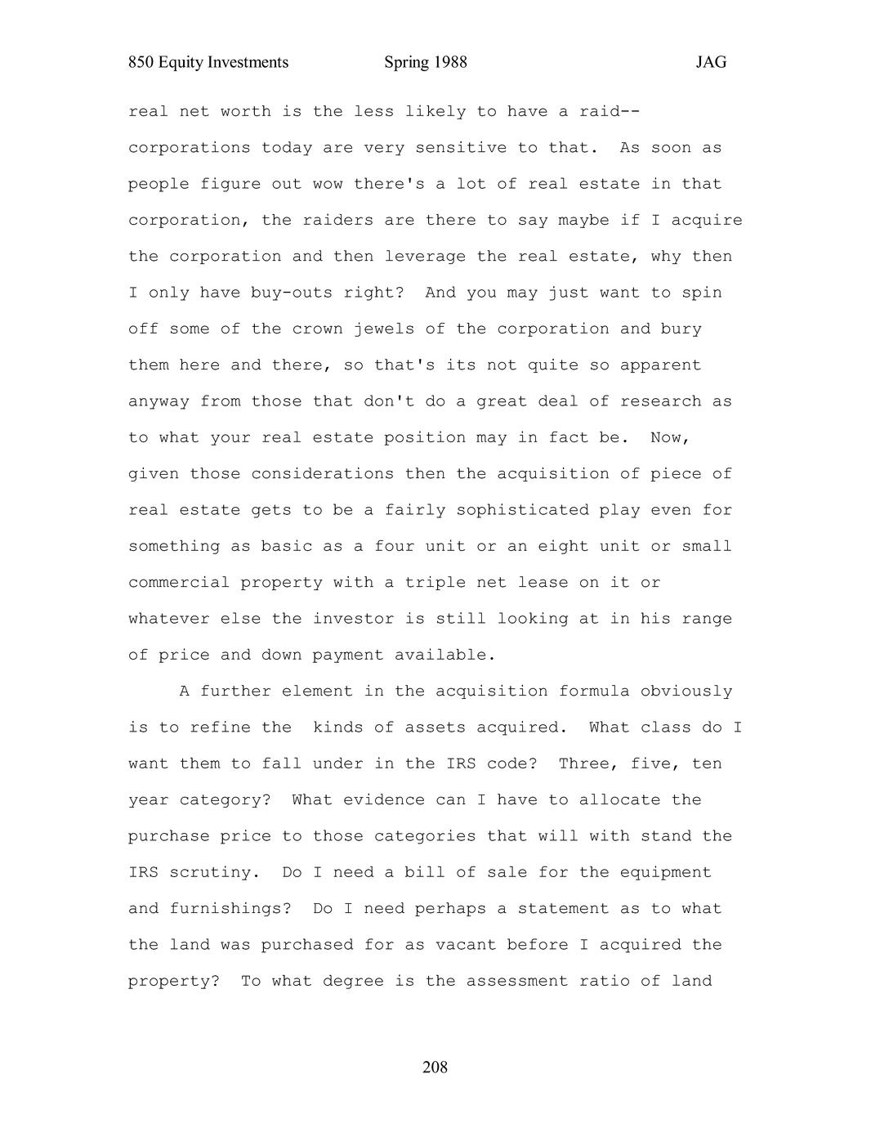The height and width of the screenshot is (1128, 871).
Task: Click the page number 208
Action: pyautogui.click(x=435, y=1067)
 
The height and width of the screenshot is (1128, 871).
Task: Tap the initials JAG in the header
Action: pyautogui.click(x=711, y=63)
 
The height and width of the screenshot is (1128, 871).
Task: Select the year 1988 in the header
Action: pyautogui.click(x=450, y=63)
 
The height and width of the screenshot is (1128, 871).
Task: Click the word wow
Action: pyautogui.click(x=328, y=184)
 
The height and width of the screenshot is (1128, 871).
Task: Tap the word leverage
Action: pyautogui.click(x=425, y=256)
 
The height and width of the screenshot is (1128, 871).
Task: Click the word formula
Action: pyautogui.click(x=594, y=691)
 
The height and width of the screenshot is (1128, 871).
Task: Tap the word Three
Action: pyautogui.click(x=583, y=763)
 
